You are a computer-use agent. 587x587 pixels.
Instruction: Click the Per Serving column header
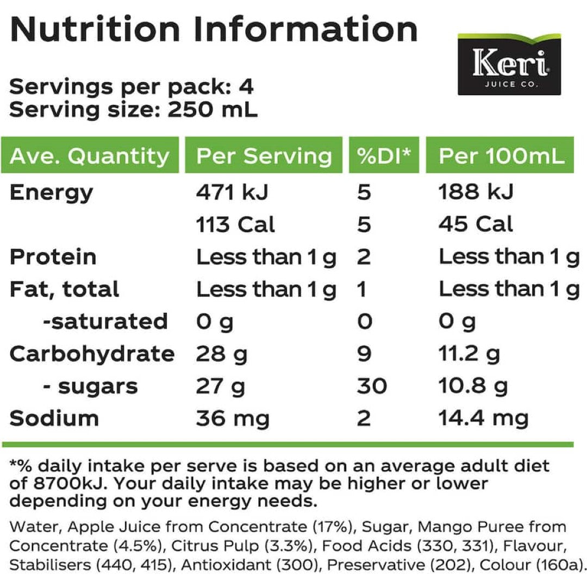[264, 156]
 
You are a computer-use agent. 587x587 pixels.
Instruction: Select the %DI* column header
[384, 156]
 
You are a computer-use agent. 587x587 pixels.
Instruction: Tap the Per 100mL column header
[502, 156]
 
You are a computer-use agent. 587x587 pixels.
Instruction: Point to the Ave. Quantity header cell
[90, 156]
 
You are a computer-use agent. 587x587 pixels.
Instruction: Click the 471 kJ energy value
[232, 192]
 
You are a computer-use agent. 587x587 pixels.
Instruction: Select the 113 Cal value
[235, 224]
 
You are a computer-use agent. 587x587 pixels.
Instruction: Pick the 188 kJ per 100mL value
[476, 192]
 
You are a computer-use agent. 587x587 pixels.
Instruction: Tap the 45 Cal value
[476, 224]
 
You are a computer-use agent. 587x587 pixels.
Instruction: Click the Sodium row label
[54, 419]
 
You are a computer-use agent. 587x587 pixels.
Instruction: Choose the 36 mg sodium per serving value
[233, 419]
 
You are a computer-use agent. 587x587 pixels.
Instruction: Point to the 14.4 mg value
[484, 419]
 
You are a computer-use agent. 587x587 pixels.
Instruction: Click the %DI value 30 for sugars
[372, 386]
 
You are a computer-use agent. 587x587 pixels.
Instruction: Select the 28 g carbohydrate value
[221, 354]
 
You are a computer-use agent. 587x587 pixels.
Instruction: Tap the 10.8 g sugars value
[473, 386]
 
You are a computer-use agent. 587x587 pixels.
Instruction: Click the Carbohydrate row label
[92, 354]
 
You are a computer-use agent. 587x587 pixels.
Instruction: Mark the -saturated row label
[105, 321]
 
